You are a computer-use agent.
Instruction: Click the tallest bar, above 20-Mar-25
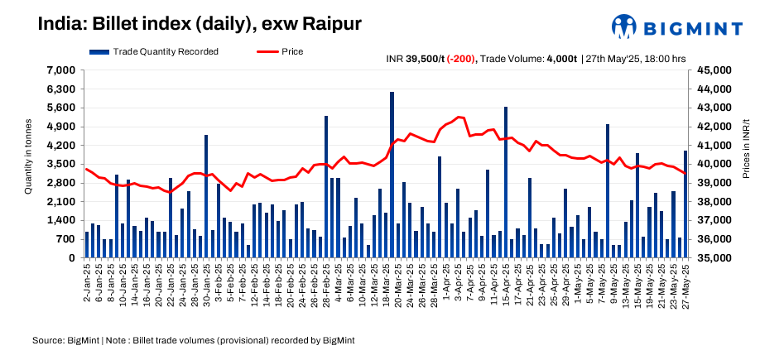click(392, 175)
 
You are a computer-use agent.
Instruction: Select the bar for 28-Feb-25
click(326, 187)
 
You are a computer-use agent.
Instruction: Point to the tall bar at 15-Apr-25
click(506, 182)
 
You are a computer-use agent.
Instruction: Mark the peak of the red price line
click(459, 117)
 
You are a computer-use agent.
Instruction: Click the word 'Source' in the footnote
click(47, 340)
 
